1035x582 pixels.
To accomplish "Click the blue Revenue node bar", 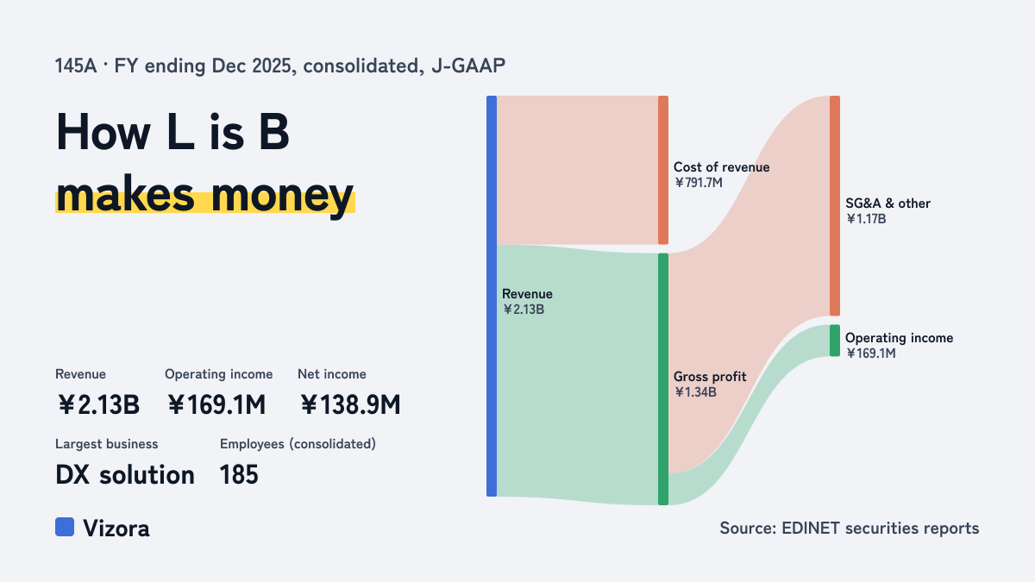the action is click(x=492, y=296).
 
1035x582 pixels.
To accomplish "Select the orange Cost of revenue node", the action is click(x=663, y=170).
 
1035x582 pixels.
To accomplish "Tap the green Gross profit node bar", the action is click(x=663, y=379).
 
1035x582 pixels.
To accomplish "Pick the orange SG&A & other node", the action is click(x=835, y=205).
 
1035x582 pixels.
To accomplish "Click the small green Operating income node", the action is click(x=835, y=341).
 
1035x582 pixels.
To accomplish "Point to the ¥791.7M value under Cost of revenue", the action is click(x=699, y=183).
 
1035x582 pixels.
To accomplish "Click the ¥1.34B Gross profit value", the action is click(x=695, y=392).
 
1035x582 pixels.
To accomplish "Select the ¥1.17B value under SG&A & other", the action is click(x=866, y=219).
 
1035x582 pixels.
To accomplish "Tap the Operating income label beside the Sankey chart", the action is click(x=899, y=338).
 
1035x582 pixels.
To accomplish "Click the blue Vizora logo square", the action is click(x=65, y=527).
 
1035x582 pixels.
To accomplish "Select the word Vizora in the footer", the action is click(x=116, y=528).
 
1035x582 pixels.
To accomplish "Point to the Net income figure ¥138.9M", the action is click(x=350, y=404).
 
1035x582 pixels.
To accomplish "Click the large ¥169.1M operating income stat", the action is click(x=216, y=404).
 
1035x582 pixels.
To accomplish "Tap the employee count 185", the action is click(x=239, y=475).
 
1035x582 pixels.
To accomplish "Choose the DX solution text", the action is click(x=125, y=475).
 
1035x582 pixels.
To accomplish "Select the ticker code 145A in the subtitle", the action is click(x=76, y=66).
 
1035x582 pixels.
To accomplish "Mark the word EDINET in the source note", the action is click(x=811, y=528).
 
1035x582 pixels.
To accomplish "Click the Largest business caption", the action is click(x=107, y=444).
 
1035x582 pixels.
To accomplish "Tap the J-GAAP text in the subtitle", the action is click(x=468, y=66).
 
